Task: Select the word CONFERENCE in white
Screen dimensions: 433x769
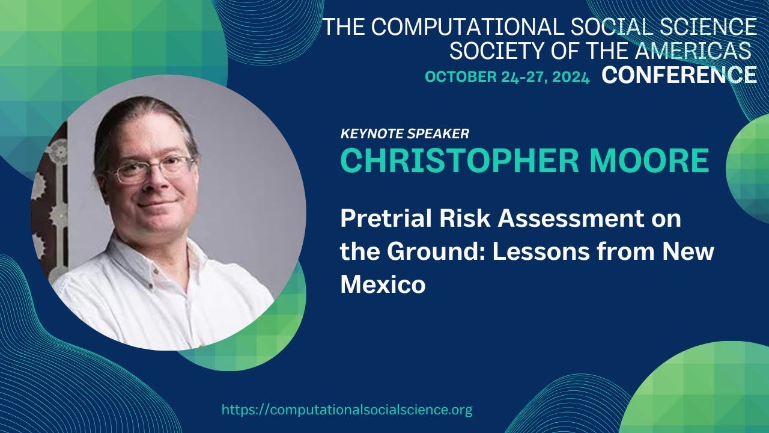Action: click(x=679, y=75)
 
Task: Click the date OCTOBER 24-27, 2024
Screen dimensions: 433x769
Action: click(x=507, y=76)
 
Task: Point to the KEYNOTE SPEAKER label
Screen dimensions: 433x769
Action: click(x=405, y=134)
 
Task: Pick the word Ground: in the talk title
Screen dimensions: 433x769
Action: click(x=438, y=251)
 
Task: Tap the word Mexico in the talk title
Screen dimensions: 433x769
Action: click(x=383, y=284)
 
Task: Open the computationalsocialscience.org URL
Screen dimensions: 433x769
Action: click(x=347, y=410)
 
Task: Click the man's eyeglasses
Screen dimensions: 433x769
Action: click(x=153, y=168)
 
